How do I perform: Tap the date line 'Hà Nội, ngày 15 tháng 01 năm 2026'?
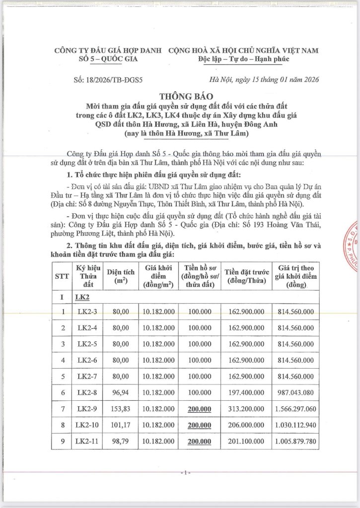pos(264,79)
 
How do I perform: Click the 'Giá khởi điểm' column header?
pos(158,276)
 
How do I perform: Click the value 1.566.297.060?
pos(294,408)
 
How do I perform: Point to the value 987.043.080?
pos(294,392)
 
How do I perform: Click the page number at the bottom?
pos(184,473)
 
